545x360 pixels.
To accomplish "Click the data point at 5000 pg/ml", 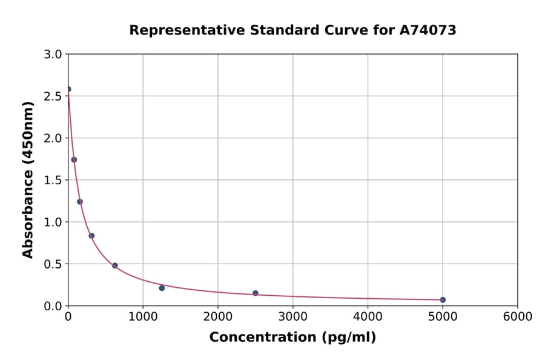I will pyautogui.click(x=443, y=299).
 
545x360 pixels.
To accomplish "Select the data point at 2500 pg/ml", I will pyautogui.click(x=256, y=293).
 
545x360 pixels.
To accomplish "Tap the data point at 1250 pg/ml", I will pyautogui.click(x=162, y=288).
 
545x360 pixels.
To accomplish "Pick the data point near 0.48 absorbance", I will pyautogui.click(x=115, y=265).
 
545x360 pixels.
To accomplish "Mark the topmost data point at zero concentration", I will pyautogui.click(x=68, y=89).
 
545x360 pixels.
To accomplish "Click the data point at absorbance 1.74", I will pyautogui.click(x=74, y=160).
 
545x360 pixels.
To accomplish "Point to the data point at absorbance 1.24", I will pyautogui.click(x=80, y=202).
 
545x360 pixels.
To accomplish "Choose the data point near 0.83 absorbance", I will pyautogui.click(x=91, y=236).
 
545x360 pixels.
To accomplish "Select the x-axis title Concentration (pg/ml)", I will pyautogui.click(x=292, y=338).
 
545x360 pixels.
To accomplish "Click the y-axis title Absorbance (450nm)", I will pyautogui.click(x=28, y=179).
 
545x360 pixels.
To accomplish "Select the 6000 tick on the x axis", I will pyautogui.click(x=517, y=317).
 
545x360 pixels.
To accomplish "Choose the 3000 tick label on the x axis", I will pyautogui.click(x=292, y=317).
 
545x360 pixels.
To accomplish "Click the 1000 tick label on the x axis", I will pyautogui.click(x=143, y=317).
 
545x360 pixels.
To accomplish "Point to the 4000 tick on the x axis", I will pyautogui.click(x=368, y=317).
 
